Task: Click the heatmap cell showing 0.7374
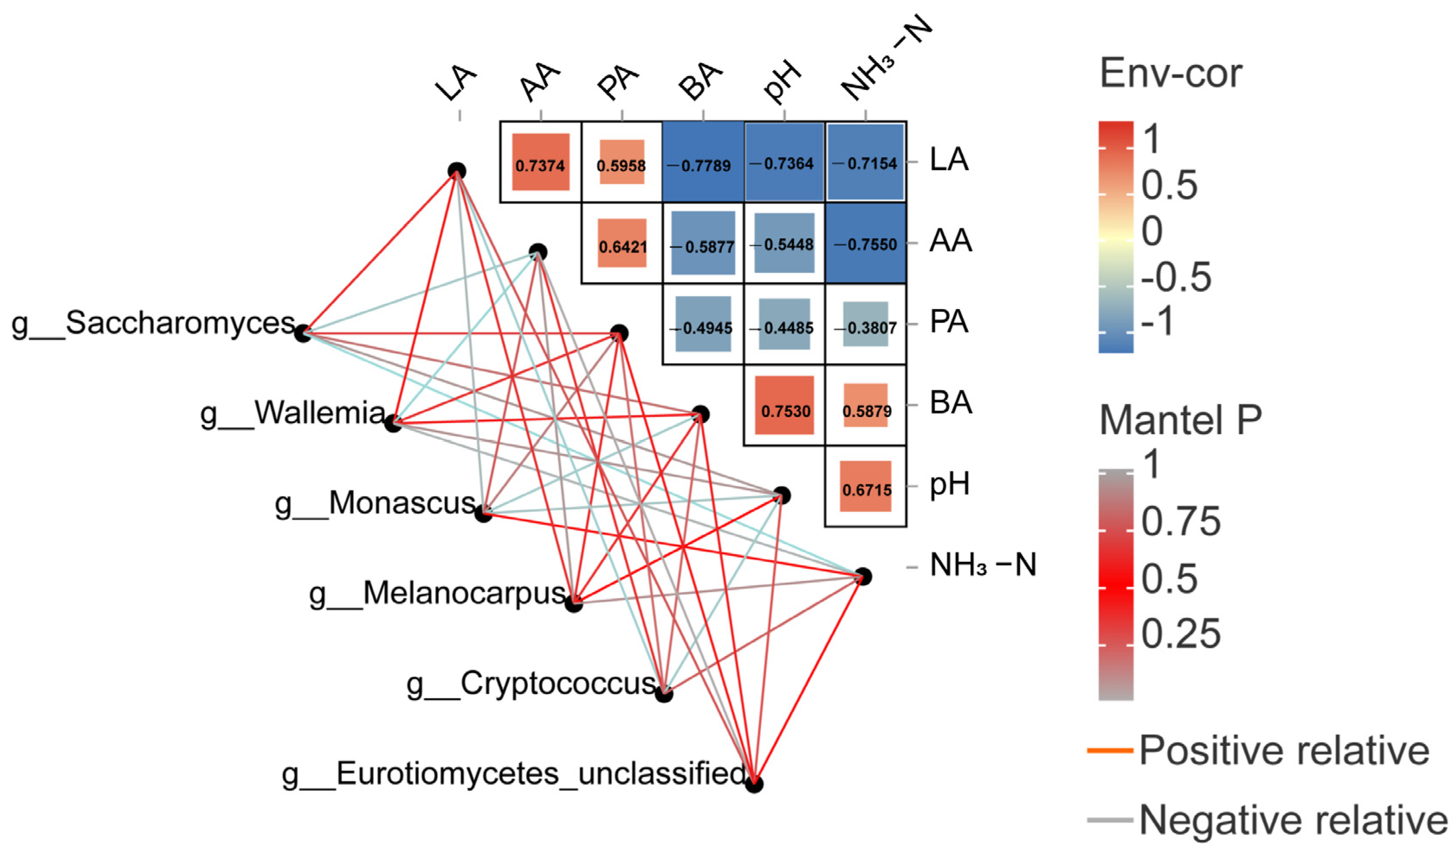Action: point(540,163)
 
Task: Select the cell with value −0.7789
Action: point(703,163)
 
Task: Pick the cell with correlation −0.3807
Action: point(865,325)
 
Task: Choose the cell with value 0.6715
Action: point(865,487)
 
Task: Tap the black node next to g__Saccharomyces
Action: point(303,333)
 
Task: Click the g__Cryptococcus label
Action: point(531,684)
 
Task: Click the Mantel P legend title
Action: point(1180,420)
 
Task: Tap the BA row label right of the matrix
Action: point(951,403)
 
